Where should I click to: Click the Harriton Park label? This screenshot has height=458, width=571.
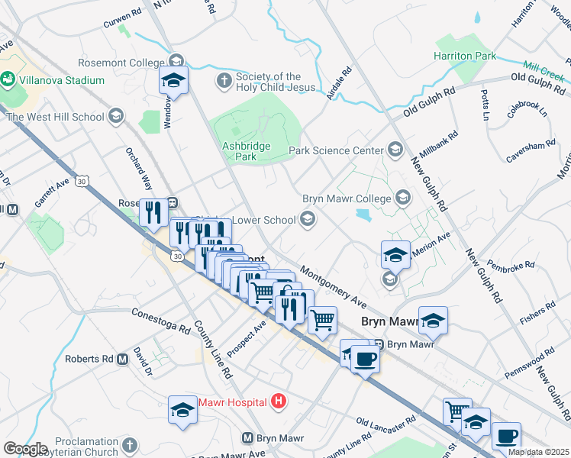pos(464,56)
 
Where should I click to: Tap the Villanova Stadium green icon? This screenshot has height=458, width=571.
pos(8,79)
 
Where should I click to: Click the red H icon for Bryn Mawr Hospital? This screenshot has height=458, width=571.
pos(279,402)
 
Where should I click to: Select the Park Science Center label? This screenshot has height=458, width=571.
pos(337,150)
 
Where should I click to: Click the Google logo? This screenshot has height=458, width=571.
pos(25,449)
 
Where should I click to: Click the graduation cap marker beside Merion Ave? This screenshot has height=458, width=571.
pos(395,255)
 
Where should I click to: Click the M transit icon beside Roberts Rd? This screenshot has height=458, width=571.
pos(122,359)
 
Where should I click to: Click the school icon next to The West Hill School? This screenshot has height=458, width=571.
pos(116,117)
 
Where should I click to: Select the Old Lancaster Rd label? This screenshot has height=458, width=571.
pos(386,421)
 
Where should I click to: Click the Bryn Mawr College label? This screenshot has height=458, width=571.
pos(347,198)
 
